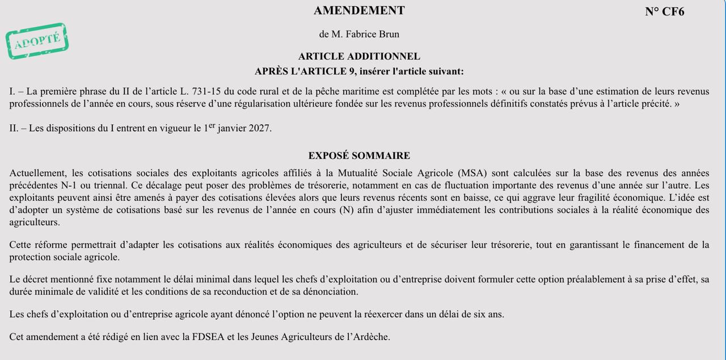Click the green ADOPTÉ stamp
[x=37, y=41]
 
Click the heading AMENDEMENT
[x=359, y=11]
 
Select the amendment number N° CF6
[x=664, y=12]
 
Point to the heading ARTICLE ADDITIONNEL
[x=359, y=56]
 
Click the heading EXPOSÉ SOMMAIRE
[x=359, y=155]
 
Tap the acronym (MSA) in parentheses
[x=474, y=173]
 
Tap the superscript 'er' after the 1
[x=212, y=125]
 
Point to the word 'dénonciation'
[x=330, y=291]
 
